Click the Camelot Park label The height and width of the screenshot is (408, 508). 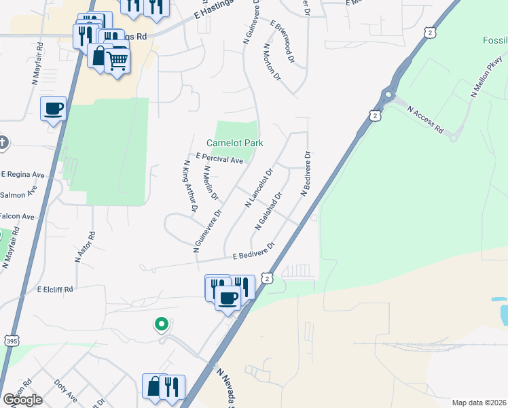click(234, 143)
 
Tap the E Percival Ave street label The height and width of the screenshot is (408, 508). click(219, 159)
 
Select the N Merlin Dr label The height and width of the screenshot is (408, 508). click(211, 183)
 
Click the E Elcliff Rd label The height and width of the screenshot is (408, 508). click(54, 289)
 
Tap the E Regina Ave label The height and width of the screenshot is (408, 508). click(22, 175)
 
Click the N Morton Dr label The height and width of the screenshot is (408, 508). click(272, 63)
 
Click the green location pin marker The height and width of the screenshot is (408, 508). click(161, 325)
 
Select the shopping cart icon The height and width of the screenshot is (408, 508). click(117, 61)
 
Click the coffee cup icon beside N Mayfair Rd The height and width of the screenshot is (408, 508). click(53, 108)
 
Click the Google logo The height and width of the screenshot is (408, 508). click(22, 399)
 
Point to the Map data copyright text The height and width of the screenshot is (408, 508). click(479, 402)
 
